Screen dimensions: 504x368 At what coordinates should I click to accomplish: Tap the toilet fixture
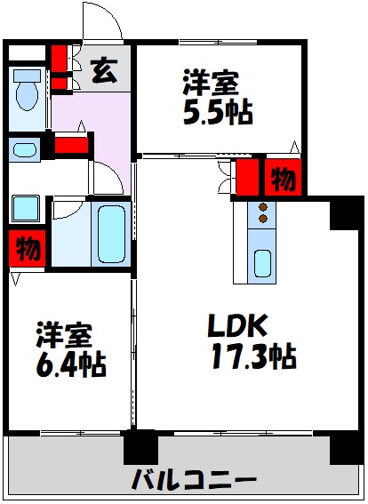tap(24, 92)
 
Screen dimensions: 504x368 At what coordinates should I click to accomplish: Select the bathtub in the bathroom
tap(111, 233)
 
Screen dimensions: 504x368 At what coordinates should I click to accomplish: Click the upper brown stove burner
tap(263, 207)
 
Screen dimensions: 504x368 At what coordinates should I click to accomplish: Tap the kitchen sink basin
tap(263, 262)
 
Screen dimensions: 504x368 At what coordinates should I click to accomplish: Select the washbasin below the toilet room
tap(25, 148)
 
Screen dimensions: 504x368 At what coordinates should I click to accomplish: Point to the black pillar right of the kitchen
tap(341, 214)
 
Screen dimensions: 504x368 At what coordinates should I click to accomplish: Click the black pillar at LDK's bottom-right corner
tap(345, 447)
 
